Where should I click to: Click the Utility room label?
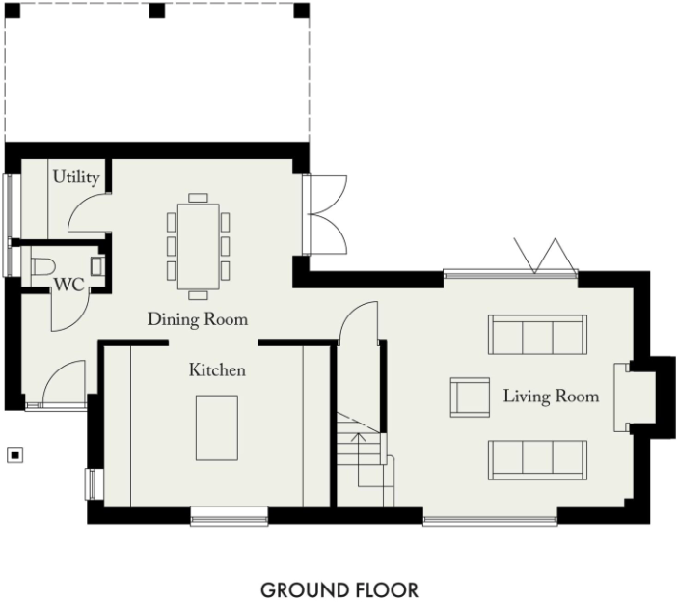point(76,177)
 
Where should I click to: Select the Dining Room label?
point(197,319)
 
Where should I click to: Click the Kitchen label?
point(216,369)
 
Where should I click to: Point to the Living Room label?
point(550,397)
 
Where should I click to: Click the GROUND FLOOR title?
point(339,588)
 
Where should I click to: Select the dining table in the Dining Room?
point(199,245)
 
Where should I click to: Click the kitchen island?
point(216,426)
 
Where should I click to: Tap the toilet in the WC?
point(42,263)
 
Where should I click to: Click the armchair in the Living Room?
point(471,397)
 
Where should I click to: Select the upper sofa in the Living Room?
point(536,334)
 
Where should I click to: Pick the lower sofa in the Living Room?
point(536,459)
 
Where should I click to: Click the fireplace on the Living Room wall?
point(624,397)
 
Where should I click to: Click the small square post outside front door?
point(14,453)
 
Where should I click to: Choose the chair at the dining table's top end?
point(199,197)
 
